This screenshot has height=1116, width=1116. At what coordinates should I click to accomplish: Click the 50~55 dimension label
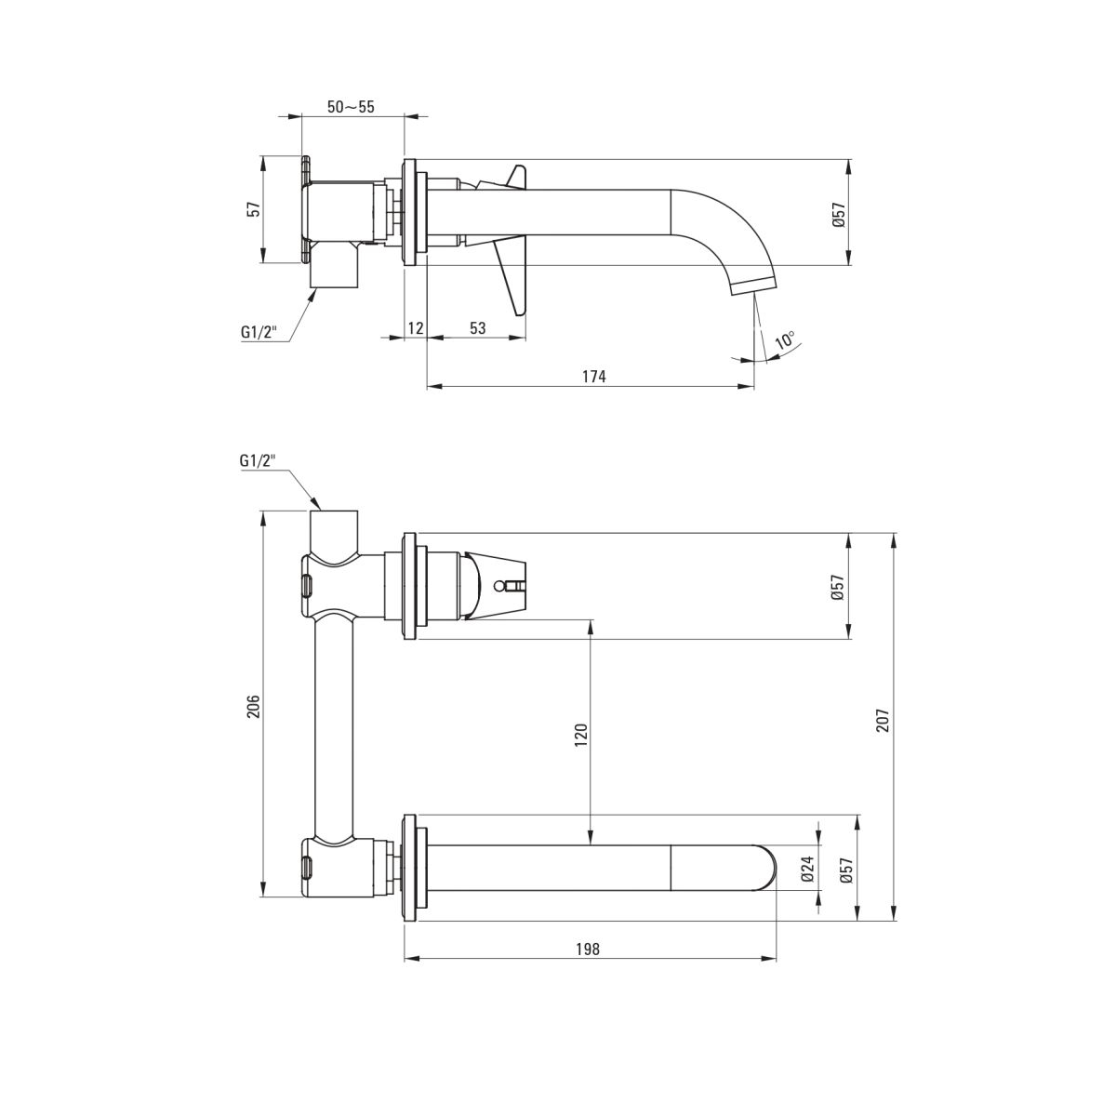coord(351,107)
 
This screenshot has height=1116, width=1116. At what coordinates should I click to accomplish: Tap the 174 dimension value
coord(593,377)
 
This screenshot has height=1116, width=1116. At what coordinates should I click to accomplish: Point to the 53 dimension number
coord(477,328)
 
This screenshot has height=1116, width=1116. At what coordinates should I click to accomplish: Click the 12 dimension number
coord(416,328)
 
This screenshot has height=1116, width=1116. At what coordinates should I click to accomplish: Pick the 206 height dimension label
coord(254,707)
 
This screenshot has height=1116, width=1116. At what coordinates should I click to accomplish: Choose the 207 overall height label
coord(882,720)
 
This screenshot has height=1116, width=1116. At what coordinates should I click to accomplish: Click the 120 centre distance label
coord(581,735)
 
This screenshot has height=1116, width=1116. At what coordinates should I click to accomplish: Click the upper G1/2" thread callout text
coord(259,332)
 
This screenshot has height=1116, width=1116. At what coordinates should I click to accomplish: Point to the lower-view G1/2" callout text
coord(258,461)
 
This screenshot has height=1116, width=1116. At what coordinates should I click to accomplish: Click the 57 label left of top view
coord(254,209)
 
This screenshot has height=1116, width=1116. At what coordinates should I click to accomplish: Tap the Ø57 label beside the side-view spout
coord(840,214)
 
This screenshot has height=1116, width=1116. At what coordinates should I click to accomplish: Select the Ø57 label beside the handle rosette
coord(838,587)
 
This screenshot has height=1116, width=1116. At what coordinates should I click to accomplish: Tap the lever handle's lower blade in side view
coord(511,277)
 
